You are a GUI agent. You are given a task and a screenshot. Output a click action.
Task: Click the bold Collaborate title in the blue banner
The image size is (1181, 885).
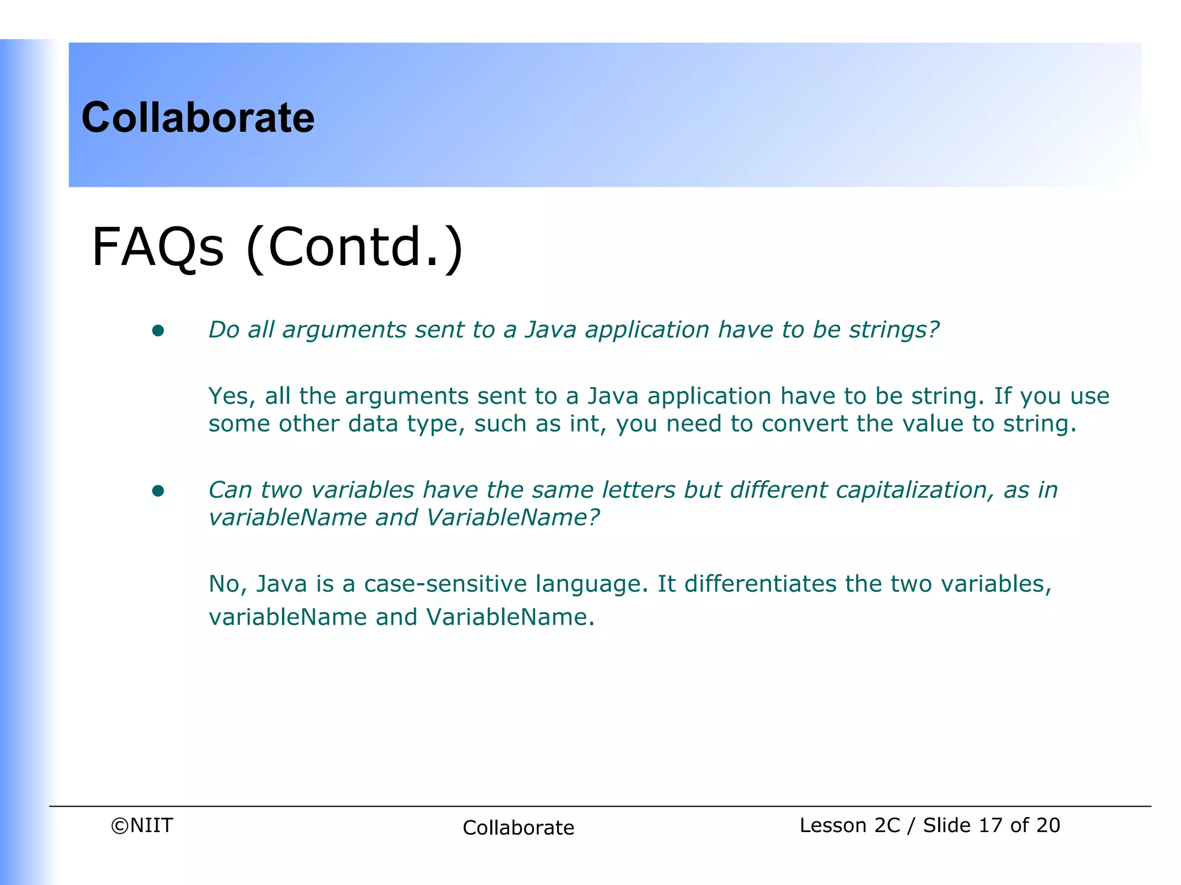coord(198,118)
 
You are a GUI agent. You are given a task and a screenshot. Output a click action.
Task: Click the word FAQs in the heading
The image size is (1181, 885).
coord(157,247)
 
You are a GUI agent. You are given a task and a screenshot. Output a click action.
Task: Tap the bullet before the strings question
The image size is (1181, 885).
coord(158,331)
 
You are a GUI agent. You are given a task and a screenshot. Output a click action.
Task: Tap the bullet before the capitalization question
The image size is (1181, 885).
coord(158,491)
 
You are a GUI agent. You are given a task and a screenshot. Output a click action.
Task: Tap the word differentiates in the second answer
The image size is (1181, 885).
coord(760,584)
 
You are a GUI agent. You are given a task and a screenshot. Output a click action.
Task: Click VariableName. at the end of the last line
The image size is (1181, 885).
coord(510,618)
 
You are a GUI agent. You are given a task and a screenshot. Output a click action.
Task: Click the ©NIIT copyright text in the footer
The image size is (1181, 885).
coord(142,826)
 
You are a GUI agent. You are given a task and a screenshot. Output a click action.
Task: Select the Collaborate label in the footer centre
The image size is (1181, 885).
coord(518,828)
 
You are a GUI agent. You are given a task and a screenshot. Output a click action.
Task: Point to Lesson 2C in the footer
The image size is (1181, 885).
coord(849,826)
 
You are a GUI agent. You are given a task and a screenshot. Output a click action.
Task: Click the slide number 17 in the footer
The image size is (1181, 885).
coord(990,826)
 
